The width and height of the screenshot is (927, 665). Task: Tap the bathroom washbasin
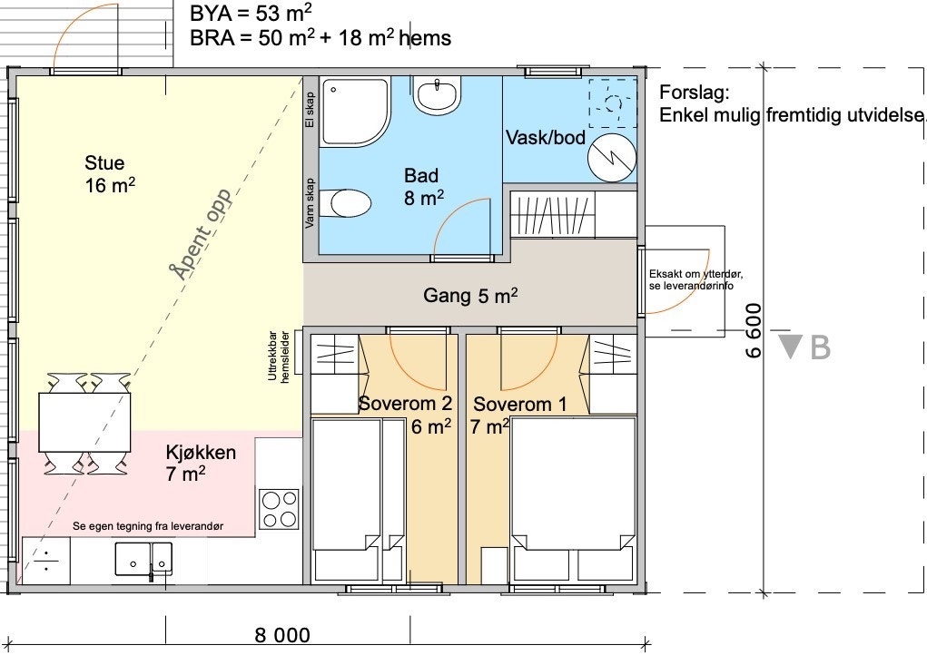437,95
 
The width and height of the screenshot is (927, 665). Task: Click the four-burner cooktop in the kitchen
280,509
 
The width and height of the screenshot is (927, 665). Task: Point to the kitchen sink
143,559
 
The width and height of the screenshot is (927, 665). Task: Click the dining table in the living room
84,422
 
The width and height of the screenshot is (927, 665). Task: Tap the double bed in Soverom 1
574,499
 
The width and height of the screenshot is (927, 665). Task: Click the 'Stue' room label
104,163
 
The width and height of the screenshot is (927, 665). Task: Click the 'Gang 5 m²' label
470,295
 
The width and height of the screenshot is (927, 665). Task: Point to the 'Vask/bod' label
545,138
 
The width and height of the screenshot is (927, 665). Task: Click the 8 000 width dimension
282,635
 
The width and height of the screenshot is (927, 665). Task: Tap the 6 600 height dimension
754,331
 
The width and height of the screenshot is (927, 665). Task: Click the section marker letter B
820,347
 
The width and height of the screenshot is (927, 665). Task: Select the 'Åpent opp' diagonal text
201,234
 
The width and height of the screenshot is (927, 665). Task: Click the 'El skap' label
310,109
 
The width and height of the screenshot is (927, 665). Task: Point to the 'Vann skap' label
310,203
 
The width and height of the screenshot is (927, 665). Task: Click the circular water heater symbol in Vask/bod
612,158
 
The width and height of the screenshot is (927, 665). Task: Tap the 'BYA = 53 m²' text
251,13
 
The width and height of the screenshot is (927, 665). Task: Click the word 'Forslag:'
694,93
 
